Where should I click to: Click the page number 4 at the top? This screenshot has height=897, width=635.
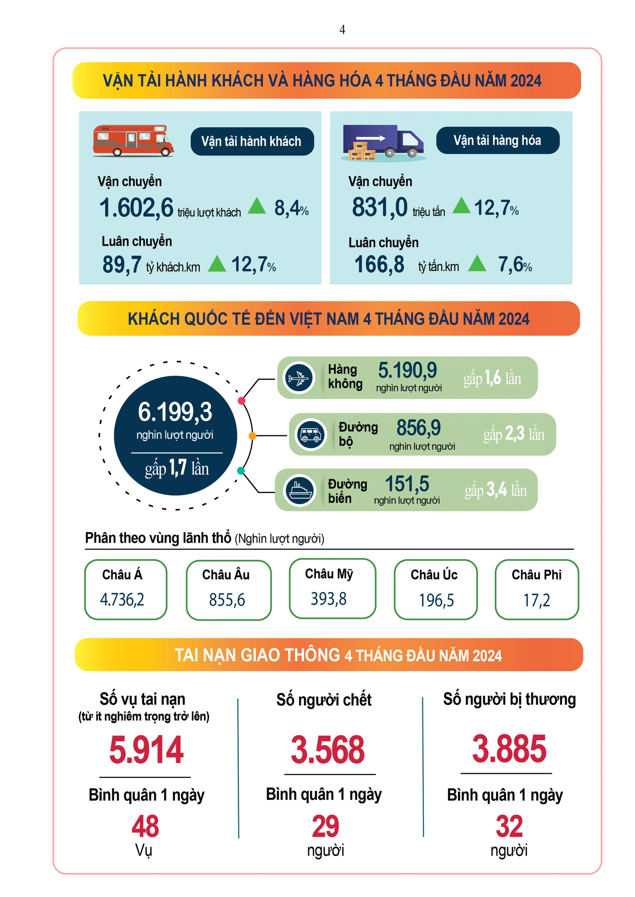(342, 30)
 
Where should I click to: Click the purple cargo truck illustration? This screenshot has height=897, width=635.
(382, 142)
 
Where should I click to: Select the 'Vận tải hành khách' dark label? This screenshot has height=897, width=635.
(252, 141)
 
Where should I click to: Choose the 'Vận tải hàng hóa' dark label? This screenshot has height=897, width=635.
(497, 140)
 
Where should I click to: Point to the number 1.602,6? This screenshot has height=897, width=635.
(136, 207)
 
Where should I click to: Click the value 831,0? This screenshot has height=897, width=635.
(379, 207)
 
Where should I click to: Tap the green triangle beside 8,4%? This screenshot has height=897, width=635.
(257, 206)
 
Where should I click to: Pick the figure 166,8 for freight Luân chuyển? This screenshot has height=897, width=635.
(379, 264)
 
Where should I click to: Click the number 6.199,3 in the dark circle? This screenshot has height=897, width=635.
(175, 411)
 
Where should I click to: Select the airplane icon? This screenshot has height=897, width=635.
(298, 377)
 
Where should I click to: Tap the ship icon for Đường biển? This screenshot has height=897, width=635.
(299, 490)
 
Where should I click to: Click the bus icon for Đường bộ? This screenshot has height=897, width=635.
(311, 434)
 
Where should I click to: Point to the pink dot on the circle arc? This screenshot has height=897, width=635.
(241, 400)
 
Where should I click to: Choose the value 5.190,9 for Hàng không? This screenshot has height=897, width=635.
(407, 370)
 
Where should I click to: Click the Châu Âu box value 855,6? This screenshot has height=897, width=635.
(227, 599)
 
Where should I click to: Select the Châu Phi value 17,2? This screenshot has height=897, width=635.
(537, 600)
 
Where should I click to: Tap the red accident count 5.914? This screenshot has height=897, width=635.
(146, 749)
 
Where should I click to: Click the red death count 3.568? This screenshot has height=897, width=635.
(327, 749)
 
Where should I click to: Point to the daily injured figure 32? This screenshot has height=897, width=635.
(509, 826)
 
